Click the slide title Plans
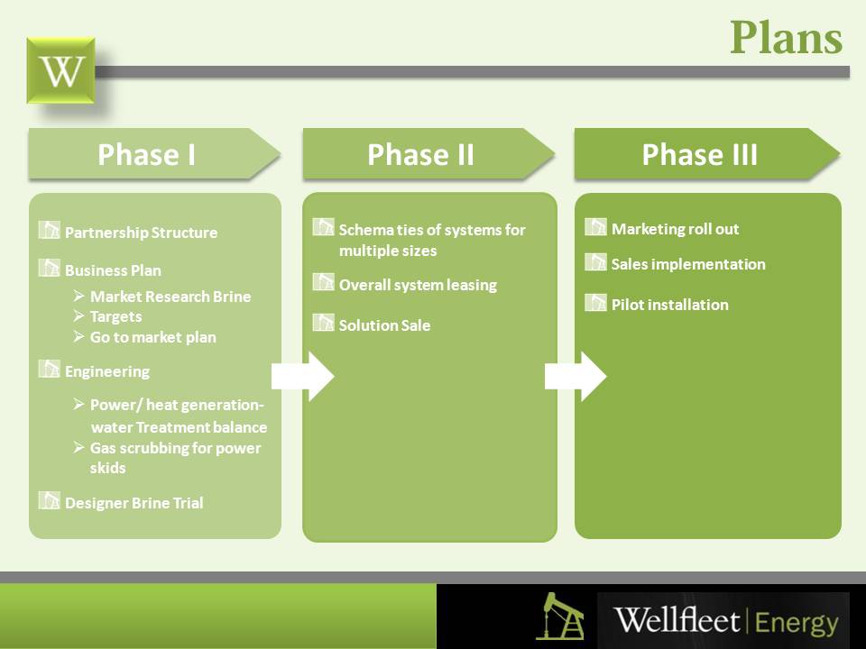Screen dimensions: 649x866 786,39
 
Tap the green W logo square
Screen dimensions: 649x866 60,70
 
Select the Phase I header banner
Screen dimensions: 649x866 147,155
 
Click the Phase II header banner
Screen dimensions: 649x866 420,155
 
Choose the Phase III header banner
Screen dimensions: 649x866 699,155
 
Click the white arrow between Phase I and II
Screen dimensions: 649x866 303,376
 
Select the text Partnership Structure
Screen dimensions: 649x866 141,233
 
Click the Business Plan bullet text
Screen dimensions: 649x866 113,270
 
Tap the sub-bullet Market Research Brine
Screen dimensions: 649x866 170,297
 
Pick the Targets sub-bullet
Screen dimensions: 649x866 115,316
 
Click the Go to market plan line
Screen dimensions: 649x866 152,337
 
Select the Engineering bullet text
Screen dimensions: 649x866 107,371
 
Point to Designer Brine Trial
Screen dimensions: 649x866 134,503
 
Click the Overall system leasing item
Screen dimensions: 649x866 418,285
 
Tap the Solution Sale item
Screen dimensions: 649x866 384,325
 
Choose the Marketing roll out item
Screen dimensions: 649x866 675,229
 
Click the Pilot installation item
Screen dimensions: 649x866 669,305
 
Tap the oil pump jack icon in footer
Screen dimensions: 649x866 559,617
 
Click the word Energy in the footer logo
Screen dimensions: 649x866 797,622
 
